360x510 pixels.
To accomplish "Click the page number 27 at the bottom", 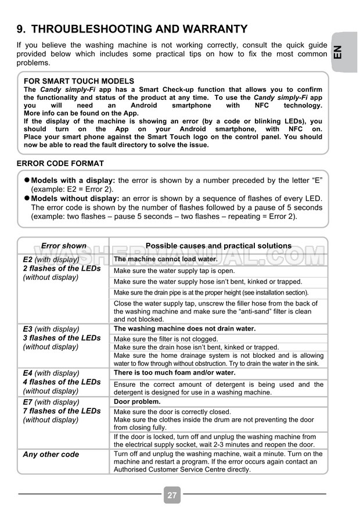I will tap(172, 495).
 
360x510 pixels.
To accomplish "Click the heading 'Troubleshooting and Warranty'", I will tap(132, 29).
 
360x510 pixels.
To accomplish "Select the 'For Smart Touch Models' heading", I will tap(79, 81).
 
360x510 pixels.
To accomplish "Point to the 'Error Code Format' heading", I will tap(60, 164).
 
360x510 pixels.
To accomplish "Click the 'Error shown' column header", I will tap(64, 246).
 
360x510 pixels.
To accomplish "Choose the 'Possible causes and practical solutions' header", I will tap(218, 246).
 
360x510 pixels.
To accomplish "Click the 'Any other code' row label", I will tap(51, 454).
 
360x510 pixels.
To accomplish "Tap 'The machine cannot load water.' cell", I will tap(165, 260).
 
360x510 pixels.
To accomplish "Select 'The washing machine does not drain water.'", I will tap(185, 329).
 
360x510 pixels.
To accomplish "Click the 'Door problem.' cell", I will tap(137, 401).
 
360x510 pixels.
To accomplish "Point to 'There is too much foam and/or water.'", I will tap(174, 373).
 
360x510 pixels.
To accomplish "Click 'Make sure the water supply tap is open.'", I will tap(174, 271).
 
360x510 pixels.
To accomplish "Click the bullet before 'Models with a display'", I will tap(26, 181).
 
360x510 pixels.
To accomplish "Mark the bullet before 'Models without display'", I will tap(26, 198).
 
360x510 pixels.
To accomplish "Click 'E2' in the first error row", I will tap(27, 260).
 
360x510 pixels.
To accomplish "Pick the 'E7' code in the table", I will tap(27, 402).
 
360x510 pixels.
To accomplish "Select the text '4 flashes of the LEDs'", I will tap(62, 382).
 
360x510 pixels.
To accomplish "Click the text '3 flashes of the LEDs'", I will tap(62, 338).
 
